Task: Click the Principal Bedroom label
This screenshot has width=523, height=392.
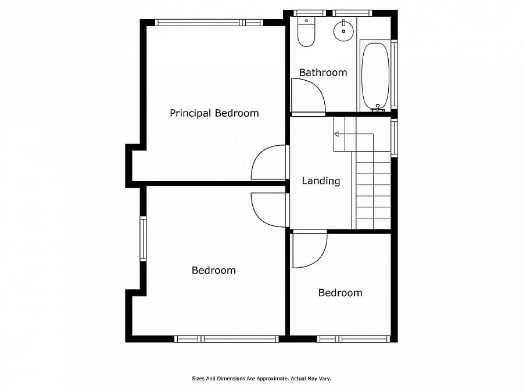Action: [214, 113]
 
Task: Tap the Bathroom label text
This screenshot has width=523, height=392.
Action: [323, 73]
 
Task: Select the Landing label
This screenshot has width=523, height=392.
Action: [321, 181]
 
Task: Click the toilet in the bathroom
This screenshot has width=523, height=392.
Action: [306, 32]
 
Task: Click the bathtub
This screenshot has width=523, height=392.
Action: [375, 76]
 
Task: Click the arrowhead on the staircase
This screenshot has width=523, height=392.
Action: [336, 134]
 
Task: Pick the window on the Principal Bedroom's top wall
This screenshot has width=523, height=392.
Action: [209, 22]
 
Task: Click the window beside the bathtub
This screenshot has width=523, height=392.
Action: [394, 74]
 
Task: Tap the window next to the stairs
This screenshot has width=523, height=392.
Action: [394, 138]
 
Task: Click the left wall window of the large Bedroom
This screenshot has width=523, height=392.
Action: [143, 238]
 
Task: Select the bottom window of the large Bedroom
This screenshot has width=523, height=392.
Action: [227, 339]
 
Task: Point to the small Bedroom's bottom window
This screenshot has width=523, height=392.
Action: [353, 339]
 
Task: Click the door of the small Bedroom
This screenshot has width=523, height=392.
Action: [309, 249]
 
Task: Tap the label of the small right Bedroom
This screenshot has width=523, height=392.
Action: [340, 293]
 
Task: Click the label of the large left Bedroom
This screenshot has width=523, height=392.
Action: [214, 270]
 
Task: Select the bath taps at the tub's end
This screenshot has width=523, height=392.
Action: [378, 107]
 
